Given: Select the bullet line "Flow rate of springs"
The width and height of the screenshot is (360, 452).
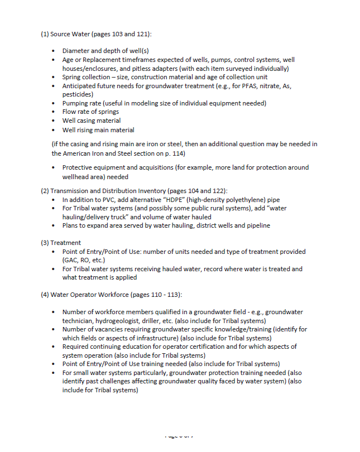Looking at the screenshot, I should (90, 112).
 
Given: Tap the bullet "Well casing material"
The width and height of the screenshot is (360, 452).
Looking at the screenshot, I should (91, 121).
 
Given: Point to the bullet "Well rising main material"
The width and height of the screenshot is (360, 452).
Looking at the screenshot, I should (98, 129).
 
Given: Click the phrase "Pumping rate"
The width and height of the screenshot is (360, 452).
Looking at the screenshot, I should (81, 103).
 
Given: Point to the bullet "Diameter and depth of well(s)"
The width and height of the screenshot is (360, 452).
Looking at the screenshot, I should (105, 51).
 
